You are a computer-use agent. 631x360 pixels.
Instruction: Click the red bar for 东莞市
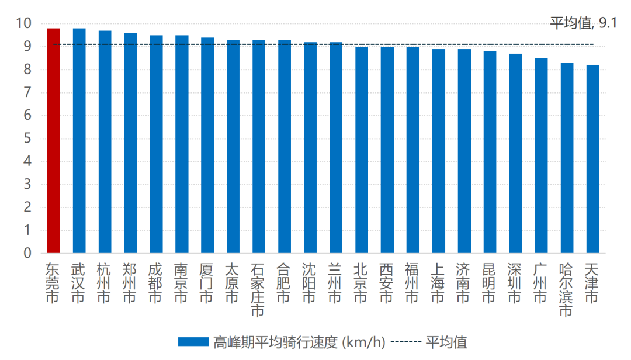click(53, 141)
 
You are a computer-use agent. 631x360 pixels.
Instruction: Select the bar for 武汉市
click(79, 141)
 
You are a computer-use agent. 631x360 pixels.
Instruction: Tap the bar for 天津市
click(592, 159)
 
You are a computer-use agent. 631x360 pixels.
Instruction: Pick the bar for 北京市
click(362, 150)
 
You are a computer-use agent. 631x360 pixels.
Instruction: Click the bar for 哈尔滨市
click(567, 158)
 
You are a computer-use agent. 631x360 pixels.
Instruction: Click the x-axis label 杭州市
click(105, 283)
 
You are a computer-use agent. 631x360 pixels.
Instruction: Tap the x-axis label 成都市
click(156, 283)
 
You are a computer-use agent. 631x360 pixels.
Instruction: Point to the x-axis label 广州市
click(541, 283)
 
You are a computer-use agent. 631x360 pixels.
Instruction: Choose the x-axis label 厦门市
click(207, 283)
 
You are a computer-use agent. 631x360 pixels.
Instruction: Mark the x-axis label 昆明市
click(490, 283)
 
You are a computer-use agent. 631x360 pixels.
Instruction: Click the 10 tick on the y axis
click(24, 24)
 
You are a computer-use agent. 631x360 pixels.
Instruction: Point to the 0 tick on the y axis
click(27, 254)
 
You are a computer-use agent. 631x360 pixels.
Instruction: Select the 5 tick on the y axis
click(27, 139)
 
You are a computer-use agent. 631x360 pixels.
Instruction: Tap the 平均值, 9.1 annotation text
click(583, 23)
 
